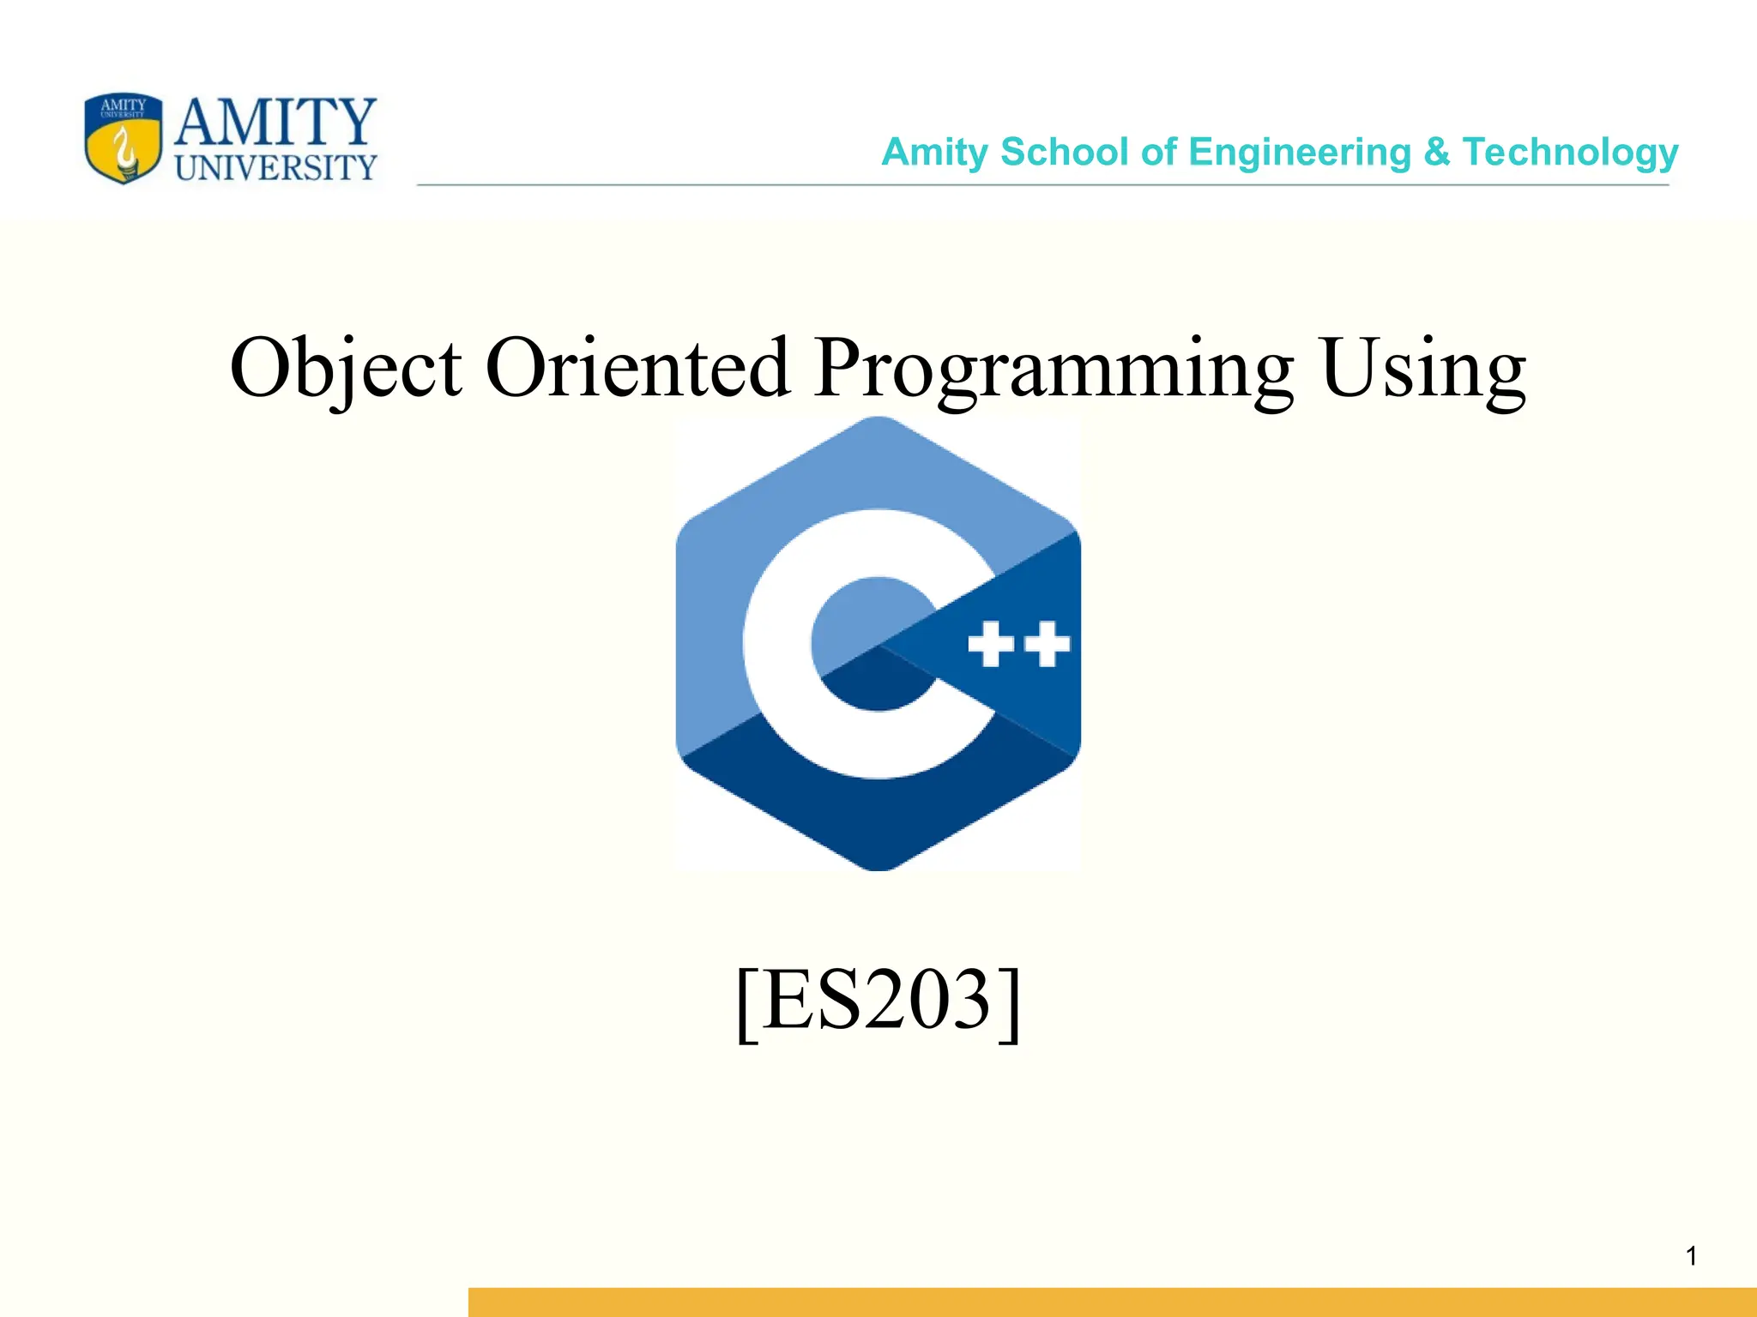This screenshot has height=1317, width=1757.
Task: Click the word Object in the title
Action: [x=346, y=369]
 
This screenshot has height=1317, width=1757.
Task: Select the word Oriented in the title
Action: [x=637, y=369]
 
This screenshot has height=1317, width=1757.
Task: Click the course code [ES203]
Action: [x=878, y=1001]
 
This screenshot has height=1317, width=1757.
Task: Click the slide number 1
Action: [x=1691, y=1257]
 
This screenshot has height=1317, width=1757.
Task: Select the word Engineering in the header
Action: [x=1300, y=153]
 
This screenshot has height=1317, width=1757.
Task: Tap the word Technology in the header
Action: [x=1570, y=153]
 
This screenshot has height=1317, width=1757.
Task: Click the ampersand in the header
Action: [x=1436, y=153]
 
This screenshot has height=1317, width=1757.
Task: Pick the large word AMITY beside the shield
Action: [x=275, y=123]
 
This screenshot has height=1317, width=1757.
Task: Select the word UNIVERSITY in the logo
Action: [x=275, y=168]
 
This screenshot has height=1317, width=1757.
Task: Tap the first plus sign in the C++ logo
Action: [x=991, y=645]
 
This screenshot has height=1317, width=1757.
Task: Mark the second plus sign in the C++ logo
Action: [x=1048, y=645]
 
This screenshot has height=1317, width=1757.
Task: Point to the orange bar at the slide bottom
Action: [x=1112, y=1302]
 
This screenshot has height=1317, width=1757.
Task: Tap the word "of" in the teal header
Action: [x=1158, y=153]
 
